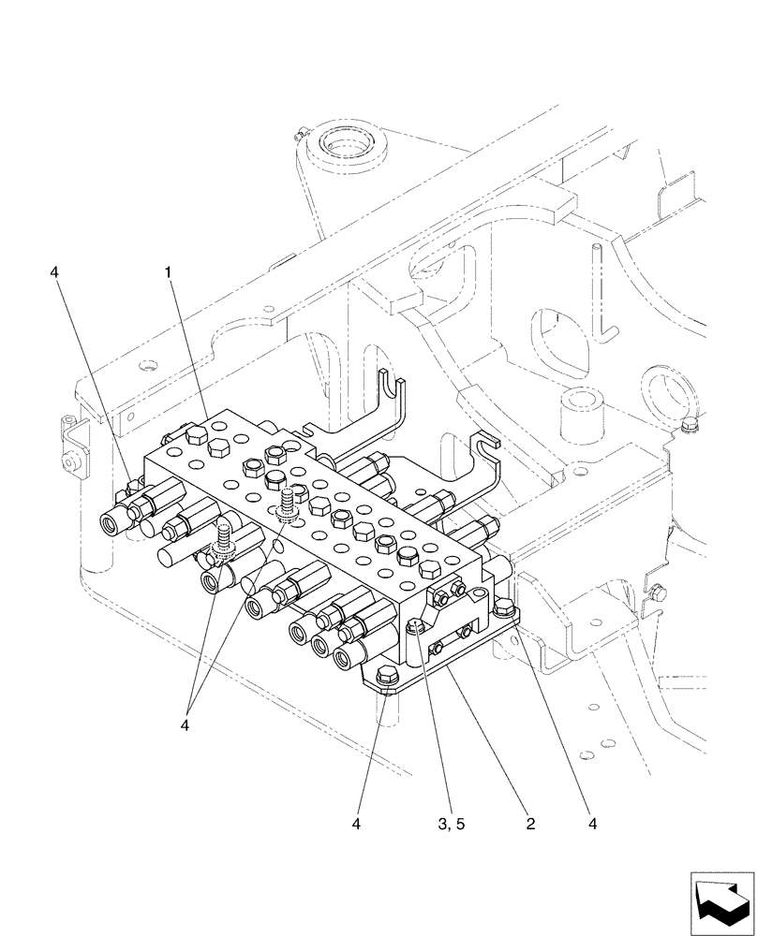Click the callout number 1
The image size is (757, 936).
click(168, 272)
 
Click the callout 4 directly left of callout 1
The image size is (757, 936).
click(55, 272)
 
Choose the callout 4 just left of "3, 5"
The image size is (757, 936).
click(358, 824)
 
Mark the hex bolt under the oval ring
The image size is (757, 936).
click(690, 428)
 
